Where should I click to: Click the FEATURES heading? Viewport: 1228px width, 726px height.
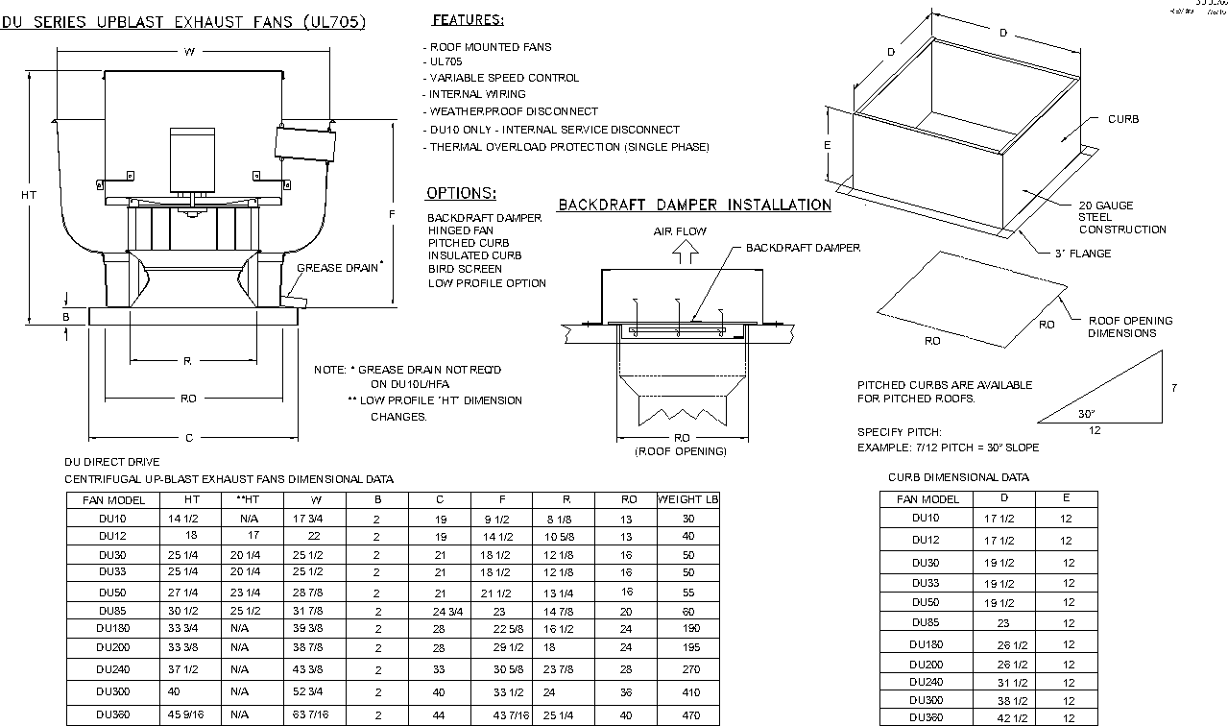[468, 20]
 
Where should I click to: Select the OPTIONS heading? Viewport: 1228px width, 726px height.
[461, 193]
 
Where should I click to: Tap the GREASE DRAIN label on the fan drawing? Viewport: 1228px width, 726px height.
[337, 268]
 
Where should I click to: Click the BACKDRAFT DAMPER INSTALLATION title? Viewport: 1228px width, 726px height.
[694, 205]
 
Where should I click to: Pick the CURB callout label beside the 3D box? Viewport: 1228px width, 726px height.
[1122, 120]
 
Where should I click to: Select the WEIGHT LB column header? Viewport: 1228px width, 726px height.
[687, 499]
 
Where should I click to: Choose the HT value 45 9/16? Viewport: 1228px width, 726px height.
[188, 715]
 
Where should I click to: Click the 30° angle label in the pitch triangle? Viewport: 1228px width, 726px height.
[1086, 415]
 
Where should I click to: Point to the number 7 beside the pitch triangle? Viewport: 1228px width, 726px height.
[1173, 388]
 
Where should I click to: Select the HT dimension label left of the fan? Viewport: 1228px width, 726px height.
[29, 195]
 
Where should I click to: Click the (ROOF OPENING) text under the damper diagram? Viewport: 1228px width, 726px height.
[681, 451]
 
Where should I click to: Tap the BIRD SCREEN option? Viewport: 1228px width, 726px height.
[465, 269]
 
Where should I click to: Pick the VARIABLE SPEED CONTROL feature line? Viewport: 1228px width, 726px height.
[504, 78]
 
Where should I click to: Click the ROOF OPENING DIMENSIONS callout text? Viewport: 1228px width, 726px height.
[1129, 327]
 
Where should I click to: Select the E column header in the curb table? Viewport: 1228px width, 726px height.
[1066, 498]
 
